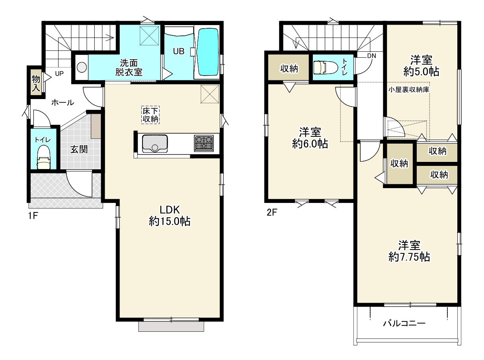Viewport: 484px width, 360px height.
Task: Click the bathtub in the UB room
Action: point(207,53)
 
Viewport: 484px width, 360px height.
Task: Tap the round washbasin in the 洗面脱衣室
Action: point(82,67)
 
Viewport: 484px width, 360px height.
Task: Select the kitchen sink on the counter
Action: point(155,144)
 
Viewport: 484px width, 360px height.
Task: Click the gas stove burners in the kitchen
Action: point(204,143)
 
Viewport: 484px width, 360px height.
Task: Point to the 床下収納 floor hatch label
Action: point(150,115)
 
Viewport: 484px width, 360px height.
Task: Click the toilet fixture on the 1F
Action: point(44,157)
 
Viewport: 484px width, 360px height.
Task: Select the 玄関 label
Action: point(79,150)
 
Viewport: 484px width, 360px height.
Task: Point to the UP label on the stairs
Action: point(59,74)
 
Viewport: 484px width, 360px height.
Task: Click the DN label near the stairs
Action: point(371,56)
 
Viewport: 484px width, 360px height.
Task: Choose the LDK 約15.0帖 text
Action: point(170,216)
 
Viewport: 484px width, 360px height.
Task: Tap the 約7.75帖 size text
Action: point(409,257)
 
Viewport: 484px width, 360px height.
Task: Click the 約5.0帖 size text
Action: point(421,72)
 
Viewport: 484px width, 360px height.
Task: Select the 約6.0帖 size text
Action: point(310,144)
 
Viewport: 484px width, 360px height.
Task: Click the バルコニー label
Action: point(404,323)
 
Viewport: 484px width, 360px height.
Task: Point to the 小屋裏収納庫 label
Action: point(409,90)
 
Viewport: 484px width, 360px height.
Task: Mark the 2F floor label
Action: point(272,212)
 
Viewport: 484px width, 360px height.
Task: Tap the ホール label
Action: point(62,102)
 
